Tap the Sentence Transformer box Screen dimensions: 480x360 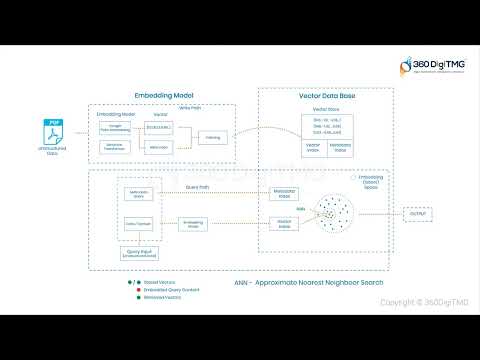(x=116, y=147)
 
